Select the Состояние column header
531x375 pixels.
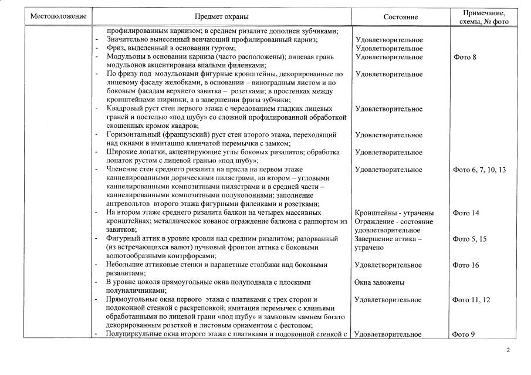point(401,17)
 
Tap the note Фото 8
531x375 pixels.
point(465,57)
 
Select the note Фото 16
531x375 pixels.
point(466,265)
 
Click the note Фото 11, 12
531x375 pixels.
point(472,300)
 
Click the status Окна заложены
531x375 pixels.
point(380,282)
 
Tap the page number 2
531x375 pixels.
point(509,350)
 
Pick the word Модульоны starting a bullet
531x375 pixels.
point(124,57)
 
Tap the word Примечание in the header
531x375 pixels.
point(484,13)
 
